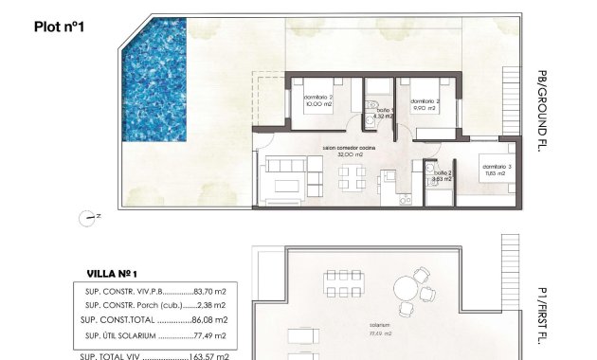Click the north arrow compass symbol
[90, 217]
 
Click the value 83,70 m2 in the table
[208, 291]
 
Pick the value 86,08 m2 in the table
[208, 320]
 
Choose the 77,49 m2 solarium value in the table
[208, 335]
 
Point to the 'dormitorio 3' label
[496, 167]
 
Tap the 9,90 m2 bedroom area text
[423, 108]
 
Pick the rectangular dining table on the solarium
[339, 283]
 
